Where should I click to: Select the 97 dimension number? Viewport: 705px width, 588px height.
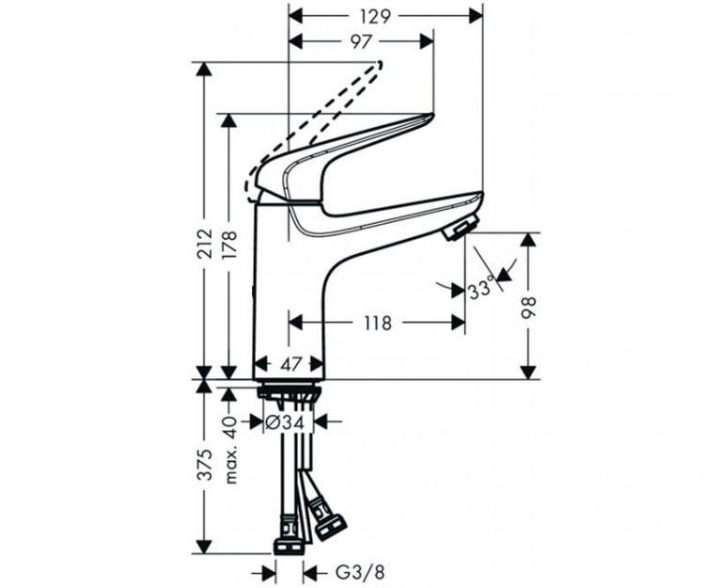362,41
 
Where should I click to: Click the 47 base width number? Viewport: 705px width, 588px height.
290,364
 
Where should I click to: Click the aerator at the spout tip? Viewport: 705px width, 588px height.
461,229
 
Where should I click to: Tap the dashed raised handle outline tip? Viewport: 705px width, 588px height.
379,64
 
